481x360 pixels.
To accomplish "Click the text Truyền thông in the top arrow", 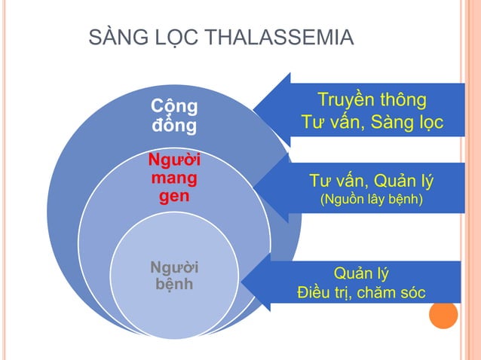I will click(372, 100).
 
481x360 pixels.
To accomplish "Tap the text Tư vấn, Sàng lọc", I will click(372, 122).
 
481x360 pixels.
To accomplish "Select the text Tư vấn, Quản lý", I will click(372, 182).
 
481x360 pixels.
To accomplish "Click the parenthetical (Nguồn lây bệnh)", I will click(372, 201).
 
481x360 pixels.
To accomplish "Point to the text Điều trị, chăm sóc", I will click(361, 291).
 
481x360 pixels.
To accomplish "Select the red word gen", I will click(174, 197).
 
